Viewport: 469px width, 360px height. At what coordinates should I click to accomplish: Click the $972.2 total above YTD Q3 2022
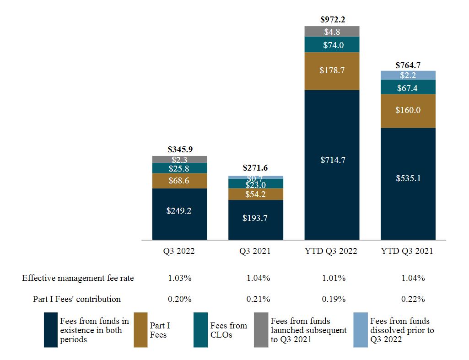pyautogui.click(x=332, y=20)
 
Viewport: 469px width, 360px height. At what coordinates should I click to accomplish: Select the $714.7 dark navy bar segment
pyautogui.click(x=332, y=160)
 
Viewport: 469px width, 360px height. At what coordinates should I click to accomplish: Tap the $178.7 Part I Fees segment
pyautogui.click(x=332, y=71)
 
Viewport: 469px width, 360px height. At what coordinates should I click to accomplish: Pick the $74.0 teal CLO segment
pyautogui.click(x=332, y=45)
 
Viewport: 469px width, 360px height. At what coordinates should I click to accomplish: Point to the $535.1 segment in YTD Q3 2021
pyautogui.click(x=408, y=178)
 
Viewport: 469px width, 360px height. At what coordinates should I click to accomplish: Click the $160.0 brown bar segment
pyautogui.click(x=408, y=110)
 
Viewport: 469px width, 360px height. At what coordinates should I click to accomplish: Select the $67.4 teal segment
pyautogui.click(x=408, y=87)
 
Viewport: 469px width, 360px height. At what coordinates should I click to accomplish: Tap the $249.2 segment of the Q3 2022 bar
pyautogui.click(x=179, y=212)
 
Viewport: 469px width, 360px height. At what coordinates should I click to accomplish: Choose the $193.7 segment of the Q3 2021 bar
pyautogui.click(x=255, y=218)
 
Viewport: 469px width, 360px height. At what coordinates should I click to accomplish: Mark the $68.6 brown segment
pyautogui.click(x=179, y=181)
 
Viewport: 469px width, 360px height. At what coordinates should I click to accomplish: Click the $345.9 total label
pyautogui.click(x=179, y=149)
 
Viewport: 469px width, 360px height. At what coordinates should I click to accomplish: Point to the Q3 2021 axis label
pyautogui.click(x=255, y=251)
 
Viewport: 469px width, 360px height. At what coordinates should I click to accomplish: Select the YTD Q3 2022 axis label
pyautogui.click(x=332, y=251)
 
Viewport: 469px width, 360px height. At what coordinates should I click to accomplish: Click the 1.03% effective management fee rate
pyautogui.click(x=179, y=278)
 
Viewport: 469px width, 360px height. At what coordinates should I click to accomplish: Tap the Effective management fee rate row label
pyautogui.click(x=78, y=278)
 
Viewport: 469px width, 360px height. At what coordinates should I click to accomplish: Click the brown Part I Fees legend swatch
pyautogui.click(x=141, y=330)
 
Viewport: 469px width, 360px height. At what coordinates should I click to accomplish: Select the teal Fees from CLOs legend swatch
pyautogui.click(x=200, y=330)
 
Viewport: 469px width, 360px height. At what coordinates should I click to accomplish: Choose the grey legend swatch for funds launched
pyautogui.click(x=261, y=330)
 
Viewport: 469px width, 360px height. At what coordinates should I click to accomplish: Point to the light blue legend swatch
pyautogui.click(x=361, y=330)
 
